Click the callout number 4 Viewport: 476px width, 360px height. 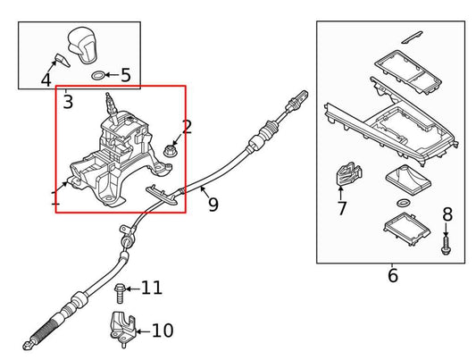coord(46,80)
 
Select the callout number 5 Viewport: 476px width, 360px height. coord(125,75)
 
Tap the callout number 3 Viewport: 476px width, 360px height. coord(68,102)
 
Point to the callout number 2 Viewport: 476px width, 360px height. coord(187,127)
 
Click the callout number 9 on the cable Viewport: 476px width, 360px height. coord(213,205)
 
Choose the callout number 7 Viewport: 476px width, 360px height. coord(341,208)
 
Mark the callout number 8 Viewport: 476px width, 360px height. coord(447,214)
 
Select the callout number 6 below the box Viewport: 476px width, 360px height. coord(393,276)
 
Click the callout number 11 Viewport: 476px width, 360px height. coord(152,288)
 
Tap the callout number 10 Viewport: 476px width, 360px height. coord(162,331)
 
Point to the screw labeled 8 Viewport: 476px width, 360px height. coord(447,241)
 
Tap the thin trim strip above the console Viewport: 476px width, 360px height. coord(412,37)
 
